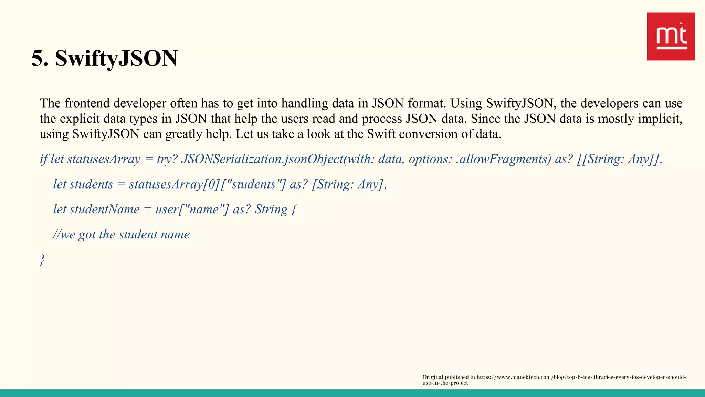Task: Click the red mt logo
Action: [671, 37]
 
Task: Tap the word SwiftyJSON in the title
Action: [116, 58]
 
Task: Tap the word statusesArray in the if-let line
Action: [104, 159]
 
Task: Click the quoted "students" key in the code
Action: [253, 184]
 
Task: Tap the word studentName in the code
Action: [104, 209]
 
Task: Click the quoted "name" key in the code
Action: [204, 209]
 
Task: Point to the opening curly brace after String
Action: [294, 209]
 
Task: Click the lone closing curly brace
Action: [42, 259]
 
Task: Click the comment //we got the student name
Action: [121, 234]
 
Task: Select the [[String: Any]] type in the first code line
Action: [619, 159]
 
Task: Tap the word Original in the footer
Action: [433, 377]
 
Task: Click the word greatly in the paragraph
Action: [184, 134]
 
